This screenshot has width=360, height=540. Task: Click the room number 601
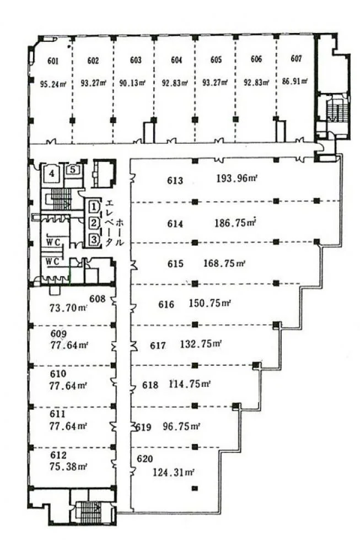coord(53,61)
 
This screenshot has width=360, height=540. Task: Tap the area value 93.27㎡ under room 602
coord(93,83)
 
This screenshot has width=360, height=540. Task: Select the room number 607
coord(296,59)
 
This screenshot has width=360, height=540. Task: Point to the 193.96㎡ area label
coord(238,179)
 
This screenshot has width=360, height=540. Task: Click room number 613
coord(175,181)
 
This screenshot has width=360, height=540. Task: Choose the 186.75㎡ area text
coord(235,223)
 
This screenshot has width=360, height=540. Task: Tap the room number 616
coord(166,304)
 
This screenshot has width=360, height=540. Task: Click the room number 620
coord(144,459)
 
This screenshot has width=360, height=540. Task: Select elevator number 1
coord(94,207)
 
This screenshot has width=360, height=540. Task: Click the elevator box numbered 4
coord(52,173)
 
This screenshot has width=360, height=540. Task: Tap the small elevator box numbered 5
coord(73,170)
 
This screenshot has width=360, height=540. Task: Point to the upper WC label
coord(53,242)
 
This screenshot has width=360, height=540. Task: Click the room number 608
coord(98,298)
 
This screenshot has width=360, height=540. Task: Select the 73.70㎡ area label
coord(68,308)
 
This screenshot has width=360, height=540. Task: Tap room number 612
coord(58,455)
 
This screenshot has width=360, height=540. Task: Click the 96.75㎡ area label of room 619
coord(181,426)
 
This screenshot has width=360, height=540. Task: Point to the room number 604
coord(176,60)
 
